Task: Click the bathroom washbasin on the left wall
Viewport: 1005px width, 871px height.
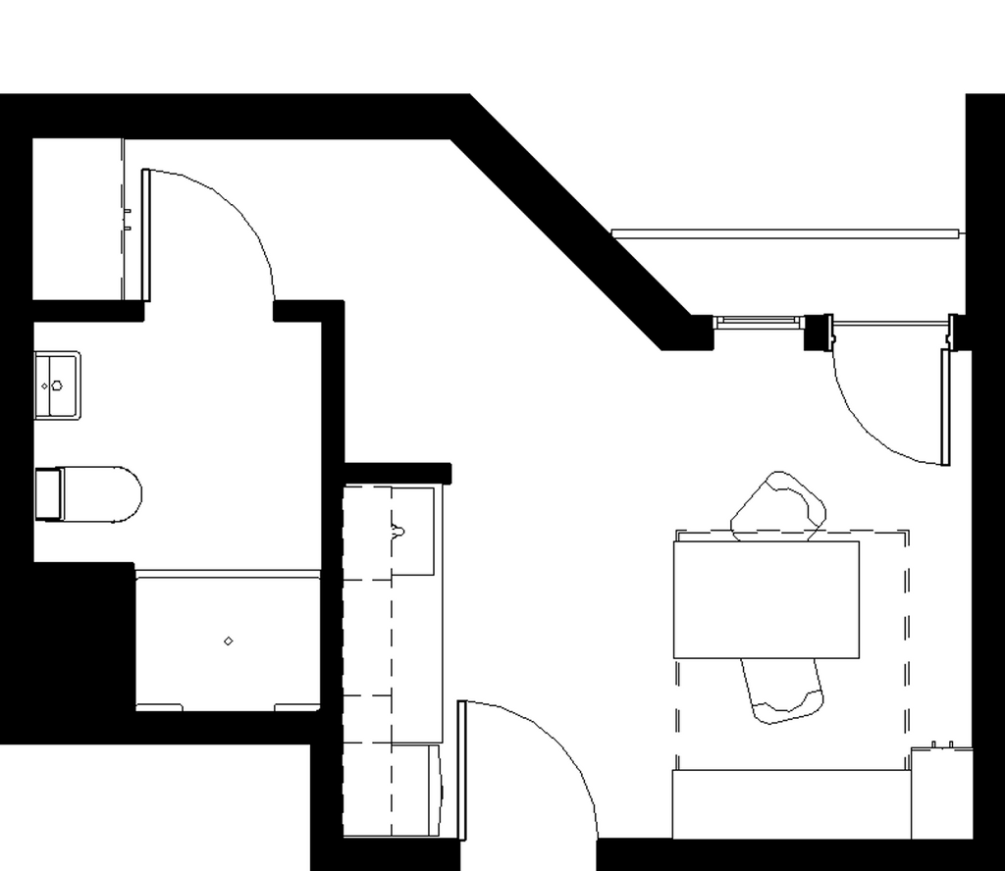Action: pyautogui.click(x=57, y=384)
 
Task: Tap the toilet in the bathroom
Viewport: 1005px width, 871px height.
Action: pyautogui.click(x=98, y=493)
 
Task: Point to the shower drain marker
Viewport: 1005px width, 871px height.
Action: pyautogui.click(x=229, y=641)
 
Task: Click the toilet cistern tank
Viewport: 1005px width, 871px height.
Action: pyautogui.click(x=48, y=493)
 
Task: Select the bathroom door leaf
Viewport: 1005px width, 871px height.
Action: pyautogui.click(x=146, y=235)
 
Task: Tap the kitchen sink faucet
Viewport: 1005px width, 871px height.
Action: pyautogui.click(x=397, y=532)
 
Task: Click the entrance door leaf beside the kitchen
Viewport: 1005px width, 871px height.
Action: pyautogui.click(x=461, y=770)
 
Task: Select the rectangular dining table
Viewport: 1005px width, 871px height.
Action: pyautogui.click(x=766, y=599)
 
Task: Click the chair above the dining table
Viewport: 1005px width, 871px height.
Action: pyautogui.click(x=778, y=507)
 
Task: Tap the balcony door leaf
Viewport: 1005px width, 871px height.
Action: pyautogui.click(x=945, y=407)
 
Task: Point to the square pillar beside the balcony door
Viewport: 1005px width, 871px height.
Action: pyautogui.click(x=818, y=332)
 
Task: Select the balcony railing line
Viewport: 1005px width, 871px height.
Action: pyautogui.click(x=785, y=233)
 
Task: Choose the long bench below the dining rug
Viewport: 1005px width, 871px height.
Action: pyautogui.click(x=791, y=803)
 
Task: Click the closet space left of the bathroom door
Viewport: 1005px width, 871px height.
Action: pyautogui.click(x=77, y=219)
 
